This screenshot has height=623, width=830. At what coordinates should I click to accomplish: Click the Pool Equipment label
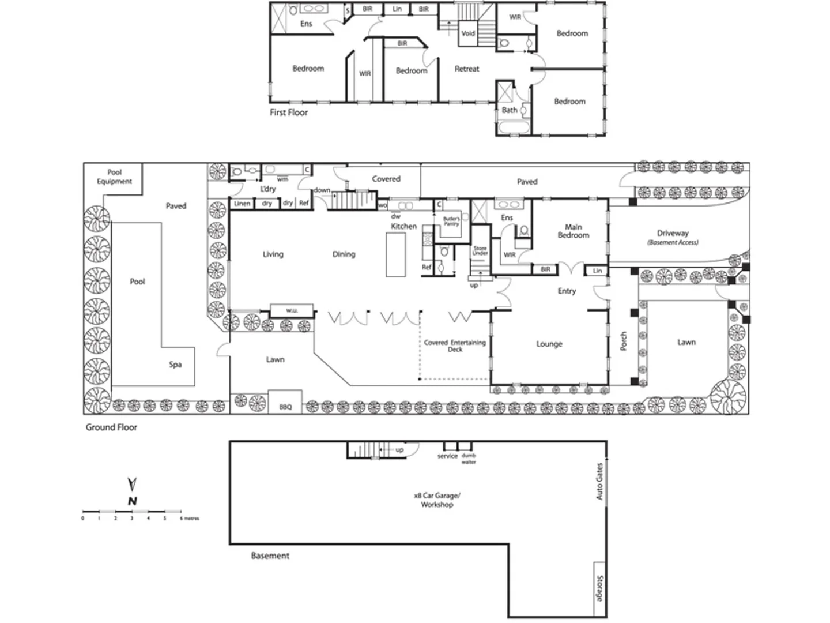coord(114,177)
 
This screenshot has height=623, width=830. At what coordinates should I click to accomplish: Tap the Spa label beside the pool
coord(175,365)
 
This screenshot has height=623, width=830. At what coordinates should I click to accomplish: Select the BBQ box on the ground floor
coord(285,407)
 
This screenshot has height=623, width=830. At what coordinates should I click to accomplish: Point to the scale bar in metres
coord(133,512)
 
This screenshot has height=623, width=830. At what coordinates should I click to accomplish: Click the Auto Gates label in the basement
coord(599,481)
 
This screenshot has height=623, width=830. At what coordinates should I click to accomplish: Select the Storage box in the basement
coord(599,588)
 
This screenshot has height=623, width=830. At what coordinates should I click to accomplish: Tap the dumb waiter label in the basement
coord(469,459)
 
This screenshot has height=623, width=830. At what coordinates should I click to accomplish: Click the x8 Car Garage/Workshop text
coord(437,500)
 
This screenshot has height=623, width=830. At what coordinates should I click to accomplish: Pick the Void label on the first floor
coord(468,33)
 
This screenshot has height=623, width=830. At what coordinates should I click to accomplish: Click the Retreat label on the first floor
coord(467,69)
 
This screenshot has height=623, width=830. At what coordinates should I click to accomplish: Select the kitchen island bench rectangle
coord(395,254)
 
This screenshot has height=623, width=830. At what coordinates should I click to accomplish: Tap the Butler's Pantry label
coord(451,221)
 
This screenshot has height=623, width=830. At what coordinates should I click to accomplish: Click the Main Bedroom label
coord(573,231)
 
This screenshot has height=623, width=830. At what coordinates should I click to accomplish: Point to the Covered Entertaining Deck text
coord(455,346)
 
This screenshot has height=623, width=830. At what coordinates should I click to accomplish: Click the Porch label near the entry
coord(623,341)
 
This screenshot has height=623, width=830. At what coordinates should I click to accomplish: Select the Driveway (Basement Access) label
coord(673,237)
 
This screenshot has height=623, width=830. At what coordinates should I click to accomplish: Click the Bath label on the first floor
coord(509,110)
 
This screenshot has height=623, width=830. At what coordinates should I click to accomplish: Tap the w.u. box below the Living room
coord(292,310)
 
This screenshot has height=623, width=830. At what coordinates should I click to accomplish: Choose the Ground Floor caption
coord(111,427)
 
